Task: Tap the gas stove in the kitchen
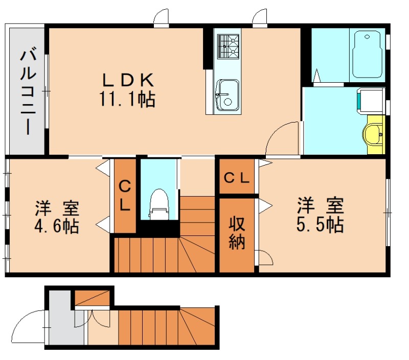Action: pyautogui.click(x=228, y=46)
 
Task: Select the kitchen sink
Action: pyautogui.click(x=226, y=94)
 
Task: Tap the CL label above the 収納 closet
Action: pyautogui.click(x=237, y=178)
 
